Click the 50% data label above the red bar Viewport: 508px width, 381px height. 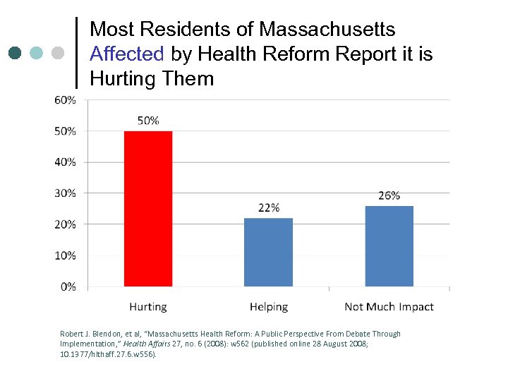(148, 121)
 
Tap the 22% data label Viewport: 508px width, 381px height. (268, 207)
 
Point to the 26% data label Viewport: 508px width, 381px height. (389, 195)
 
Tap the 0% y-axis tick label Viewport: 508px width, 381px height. (68, 286)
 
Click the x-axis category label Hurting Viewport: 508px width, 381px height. (148, 307)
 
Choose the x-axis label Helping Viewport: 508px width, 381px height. (268, 307)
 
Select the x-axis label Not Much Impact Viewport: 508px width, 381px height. (389, 307)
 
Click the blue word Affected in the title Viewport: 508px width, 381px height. (127, 54)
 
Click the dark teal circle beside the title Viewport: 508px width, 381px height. (16, 53)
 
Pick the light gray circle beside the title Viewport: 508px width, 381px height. (58, 53)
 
